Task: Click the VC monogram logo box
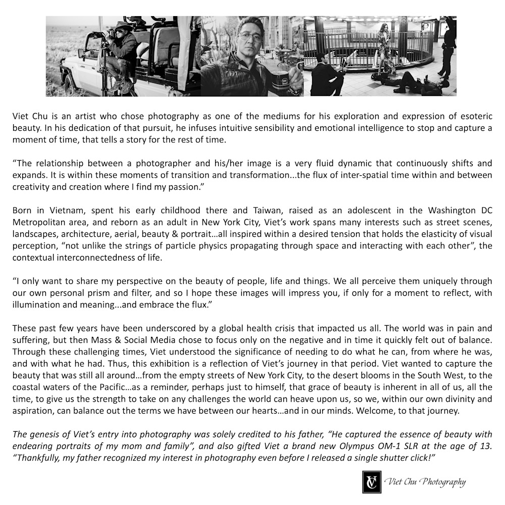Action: tap(371, 482)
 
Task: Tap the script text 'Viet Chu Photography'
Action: tap(425, 482)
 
